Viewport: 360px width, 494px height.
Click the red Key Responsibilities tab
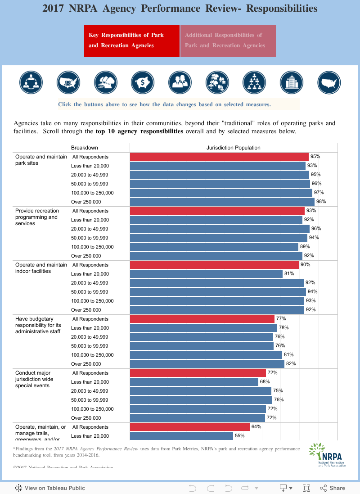pyautogui.click(x=131, y=41)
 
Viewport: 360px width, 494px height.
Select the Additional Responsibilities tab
pyautogui.click(x=228, y=41)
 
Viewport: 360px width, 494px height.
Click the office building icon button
pyautogui.click(x=291, y=82)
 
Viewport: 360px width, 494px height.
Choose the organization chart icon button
pyautogui.click(x=254, y=82)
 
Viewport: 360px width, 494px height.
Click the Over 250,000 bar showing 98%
pyautogui.click(x=222, y=202)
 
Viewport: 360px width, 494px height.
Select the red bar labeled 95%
pyautogui.click(x=219, y=157)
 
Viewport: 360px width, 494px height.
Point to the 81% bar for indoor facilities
pyautogui.click(x=206, y=274)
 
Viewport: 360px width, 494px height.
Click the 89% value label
pyautogui.click(x=305, y=247)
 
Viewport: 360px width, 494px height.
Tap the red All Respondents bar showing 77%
pyautogui.click(x=202, y=319)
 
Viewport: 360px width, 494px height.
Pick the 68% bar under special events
pyautogui.click(x=194, y=382)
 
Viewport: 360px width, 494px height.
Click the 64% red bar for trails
pyautogui.click(x=190, y=427)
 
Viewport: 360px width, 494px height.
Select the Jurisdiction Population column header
pyautogui.click(x=233, y=148)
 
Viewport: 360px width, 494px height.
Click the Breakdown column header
pyautogui.click(x=85, y=148)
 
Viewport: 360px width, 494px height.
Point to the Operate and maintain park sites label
pyautogui.click(x=41, y=160)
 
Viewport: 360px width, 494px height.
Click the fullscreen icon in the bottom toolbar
pyautogui.click(x=306, y=488)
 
